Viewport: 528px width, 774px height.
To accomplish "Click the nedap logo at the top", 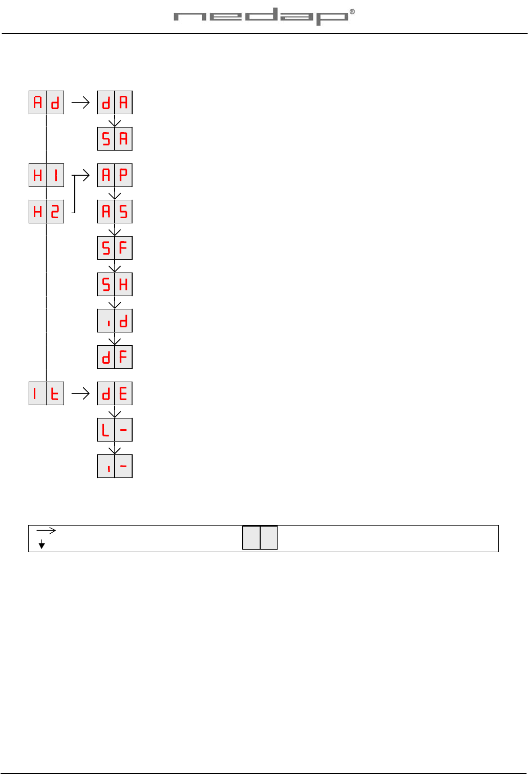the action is point(264,16).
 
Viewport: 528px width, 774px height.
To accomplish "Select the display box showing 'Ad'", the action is point(46,102).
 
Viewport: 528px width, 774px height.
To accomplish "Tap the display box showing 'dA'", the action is point(115,102).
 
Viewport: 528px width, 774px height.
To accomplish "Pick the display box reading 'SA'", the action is point(115,139).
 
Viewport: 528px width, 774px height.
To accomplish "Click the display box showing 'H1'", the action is point(46,175).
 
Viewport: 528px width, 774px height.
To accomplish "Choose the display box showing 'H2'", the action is point(46,212).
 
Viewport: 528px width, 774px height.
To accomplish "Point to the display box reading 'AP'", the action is point(115,175).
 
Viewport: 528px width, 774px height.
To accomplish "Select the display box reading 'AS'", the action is point(115,212).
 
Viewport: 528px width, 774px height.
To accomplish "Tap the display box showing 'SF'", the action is point(115,248).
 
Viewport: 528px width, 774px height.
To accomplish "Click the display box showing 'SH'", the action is point(115,284).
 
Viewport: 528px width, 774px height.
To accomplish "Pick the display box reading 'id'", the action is point(115,321).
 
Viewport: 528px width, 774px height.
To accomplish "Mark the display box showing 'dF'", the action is point(115,357).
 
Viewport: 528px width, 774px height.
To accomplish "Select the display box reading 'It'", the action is point(46,393).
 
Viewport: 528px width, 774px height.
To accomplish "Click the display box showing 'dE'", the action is point(115,393).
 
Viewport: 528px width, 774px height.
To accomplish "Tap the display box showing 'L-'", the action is point(115,430).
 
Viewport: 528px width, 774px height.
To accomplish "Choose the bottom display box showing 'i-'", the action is point(115,466).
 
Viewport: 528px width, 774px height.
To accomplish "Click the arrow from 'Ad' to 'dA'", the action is point(80,102).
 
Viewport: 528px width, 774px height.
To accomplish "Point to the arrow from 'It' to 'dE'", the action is point(80,393).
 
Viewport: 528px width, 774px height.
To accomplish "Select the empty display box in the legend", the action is point(260,538).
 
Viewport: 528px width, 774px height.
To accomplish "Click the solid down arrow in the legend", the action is point(42,545).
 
